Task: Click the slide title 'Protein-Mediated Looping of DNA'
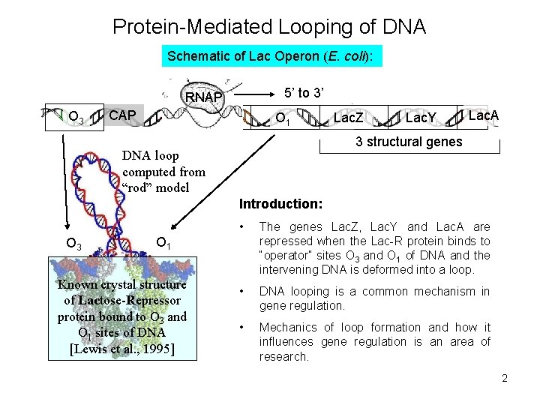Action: [x=269, y=28]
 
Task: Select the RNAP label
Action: [x=203, y=97]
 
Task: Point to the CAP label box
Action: [x=122, y=115]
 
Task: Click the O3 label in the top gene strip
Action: [x=75, y=118]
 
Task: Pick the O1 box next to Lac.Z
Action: [x=283, y=118]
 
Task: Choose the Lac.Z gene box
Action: [x=348, y=118]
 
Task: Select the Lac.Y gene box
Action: [x=421, y=118]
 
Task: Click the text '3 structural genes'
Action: [x=409, y=142]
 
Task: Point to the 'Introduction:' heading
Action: [x=280, y=204]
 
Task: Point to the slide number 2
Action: [x=505, y=378]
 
